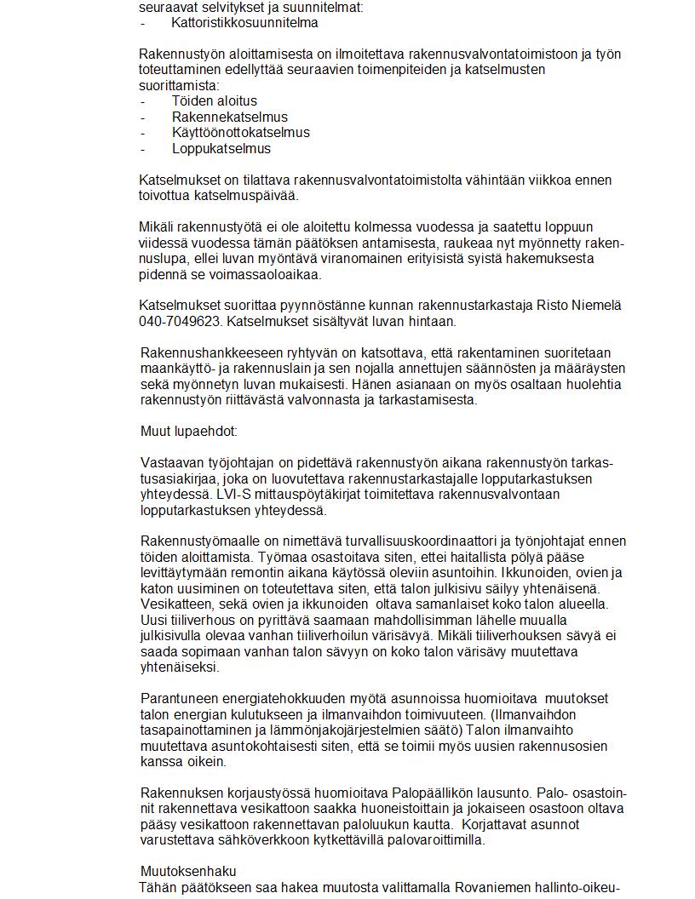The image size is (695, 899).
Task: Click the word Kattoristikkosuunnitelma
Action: pos(244,23)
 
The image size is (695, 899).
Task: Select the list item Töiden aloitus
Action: pos(214,101)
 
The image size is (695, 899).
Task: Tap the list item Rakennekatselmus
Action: pos(229,117)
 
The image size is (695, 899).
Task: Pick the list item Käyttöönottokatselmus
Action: pos(240,133)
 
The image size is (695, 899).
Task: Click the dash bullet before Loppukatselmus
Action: pos(143,149)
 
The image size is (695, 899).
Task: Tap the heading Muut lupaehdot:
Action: pos(188,432)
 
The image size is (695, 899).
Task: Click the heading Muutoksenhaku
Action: pos(187,872)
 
